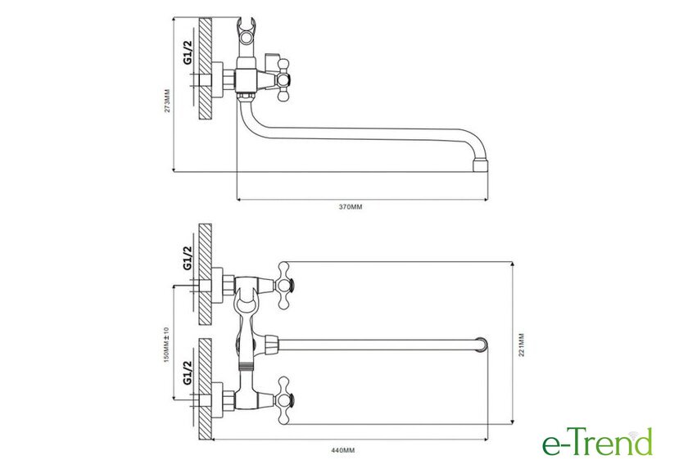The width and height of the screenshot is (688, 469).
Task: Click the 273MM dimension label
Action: tap(167, 101)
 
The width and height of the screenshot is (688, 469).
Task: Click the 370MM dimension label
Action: tap(351, 207)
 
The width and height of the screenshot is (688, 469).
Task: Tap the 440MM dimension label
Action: tap(342, 450)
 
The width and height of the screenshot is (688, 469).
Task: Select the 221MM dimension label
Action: tap(521, 345)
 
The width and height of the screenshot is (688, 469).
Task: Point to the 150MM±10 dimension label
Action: tap(165, 345)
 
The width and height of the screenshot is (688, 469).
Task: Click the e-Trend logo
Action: tap(597, 443)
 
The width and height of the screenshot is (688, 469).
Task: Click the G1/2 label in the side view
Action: tap(188, 52)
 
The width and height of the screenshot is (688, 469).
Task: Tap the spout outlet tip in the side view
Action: tap(481, 165)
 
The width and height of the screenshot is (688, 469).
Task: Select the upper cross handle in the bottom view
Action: tap(284, 286)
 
